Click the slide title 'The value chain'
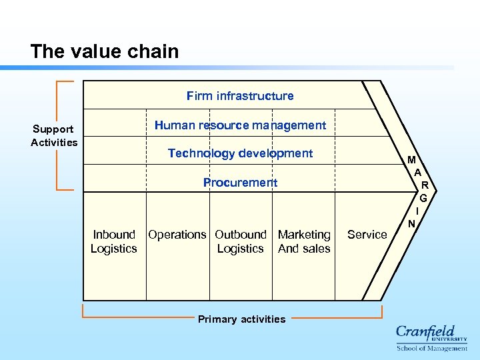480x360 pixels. coord(105,51)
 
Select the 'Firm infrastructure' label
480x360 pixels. coord(240,96)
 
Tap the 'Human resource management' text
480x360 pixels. coord(240,125)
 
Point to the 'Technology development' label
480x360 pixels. coord(240,153)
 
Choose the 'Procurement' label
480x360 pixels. coord(240,183)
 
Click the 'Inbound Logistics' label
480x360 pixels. coord(114,241)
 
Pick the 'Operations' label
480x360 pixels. coord(177,235)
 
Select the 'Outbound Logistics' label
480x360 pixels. coord(241,241)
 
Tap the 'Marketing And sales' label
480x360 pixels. coord(304,241)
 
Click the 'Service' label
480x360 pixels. coord(367,235)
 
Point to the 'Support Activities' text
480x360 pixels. coord(54,135)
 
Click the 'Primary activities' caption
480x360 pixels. coord(241,319)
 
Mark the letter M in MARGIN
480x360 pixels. coord(412,160)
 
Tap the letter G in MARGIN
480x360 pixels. coord(423,198)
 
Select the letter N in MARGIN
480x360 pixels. coord(412,223)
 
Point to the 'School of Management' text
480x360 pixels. coord(432,348)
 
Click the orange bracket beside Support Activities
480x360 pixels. coord(59,135)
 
